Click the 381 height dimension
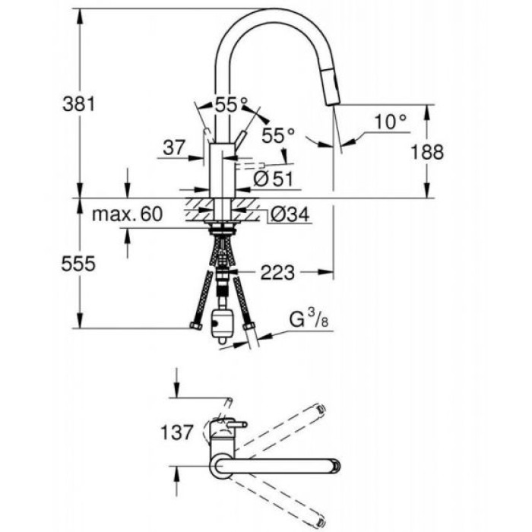(78, 105)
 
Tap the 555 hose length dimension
(78, 264)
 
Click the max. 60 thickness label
(128, 214)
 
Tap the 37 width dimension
(174, 148)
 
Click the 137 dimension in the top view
(179, 434)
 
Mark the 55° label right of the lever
(278, 136)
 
